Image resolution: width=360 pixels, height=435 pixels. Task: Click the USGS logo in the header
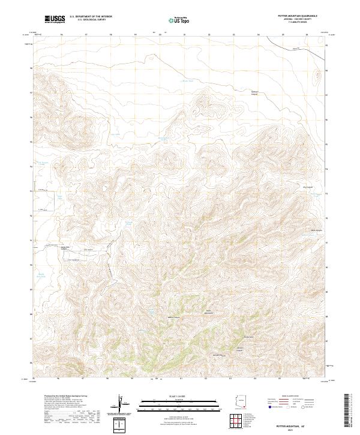(x=55, y=19)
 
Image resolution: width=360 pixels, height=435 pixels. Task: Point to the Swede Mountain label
(x=209, y=313)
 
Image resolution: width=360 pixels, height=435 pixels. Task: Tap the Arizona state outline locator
(x=241, y=401)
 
